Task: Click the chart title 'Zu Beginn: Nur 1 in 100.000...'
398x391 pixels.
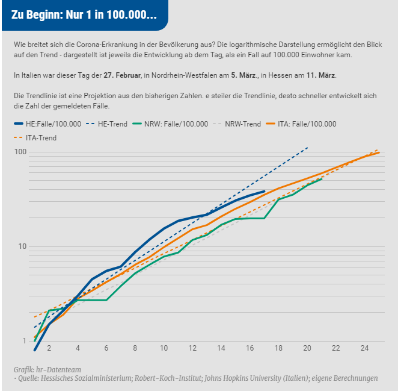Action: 84,15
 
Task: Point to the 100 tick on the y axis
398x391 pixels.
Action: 22,151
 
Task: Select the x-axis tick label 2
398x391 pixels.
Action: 49,348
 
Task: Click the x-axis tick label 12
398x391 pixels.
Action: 192,348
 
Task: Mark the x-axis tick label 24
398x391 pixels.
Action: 364,348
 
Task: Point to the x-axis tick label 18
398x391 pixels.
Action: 278,348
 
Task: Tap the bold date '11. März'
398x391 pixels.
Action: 320,75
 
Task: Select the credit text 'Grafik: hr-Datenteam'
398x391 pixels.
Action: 47,369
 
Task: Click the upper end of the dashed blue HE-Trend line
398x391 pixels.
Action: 307,147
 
